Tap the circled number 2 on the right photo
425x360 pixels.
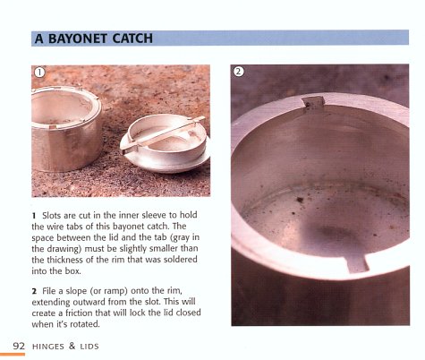(x=239, y=72)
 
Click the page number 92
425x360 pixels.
(x=18, y=346)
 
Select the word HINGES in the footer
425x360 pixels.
(x=52, y=346)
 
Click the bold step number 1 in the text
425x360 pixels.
(x=34, y=215)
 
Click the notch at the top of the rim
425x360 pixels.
(x=310, y=105)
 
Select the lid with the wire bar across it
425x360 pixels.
(x=165, y=139)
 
